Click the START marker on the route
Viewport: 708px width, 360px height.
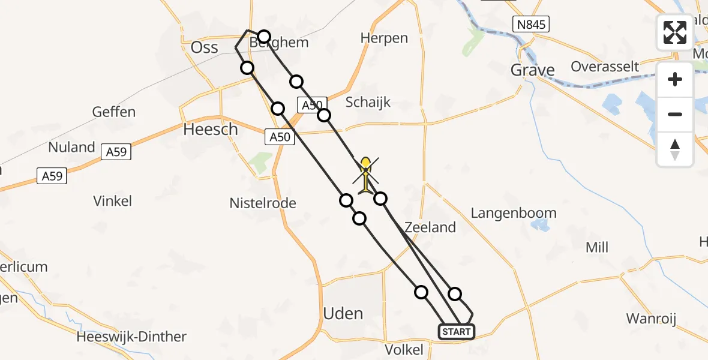tap(457, 331)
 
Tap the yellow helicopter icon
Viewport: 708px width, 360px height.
tap(365, 175)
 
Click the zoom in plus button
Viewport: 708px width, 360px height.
tap(675, 79)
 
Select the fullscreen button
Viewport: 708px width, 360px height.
tap(675, 32)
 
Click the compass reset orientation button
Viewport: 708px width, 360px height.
tap(675, 149)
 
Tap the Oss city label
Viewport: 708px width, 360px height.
tap(204, 47)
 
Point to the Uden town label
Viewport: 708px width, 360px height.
tap(343, 313)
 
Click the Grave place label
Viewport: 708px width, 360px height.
tap(532, 70)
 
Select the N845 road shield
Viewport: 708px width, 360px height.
tap(531, 25)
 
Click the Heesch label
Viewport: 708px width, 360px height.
tap(211, 129)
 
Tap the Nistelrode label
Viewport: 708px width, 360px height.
tap(263, 203)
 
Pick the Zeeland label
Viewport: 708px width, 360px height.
tap(430, 227)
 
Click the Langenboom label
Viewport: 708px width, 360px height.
tap(514, 213)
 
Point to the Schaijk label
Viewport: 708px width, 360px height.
tap(368, 102)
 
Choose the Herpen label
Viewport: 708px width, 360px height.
tap(384, 38)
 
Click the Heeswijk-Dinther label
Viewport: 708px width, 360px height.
tap(131, 337)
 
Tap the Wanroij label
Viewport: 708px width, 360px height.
tap(651, 318)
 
